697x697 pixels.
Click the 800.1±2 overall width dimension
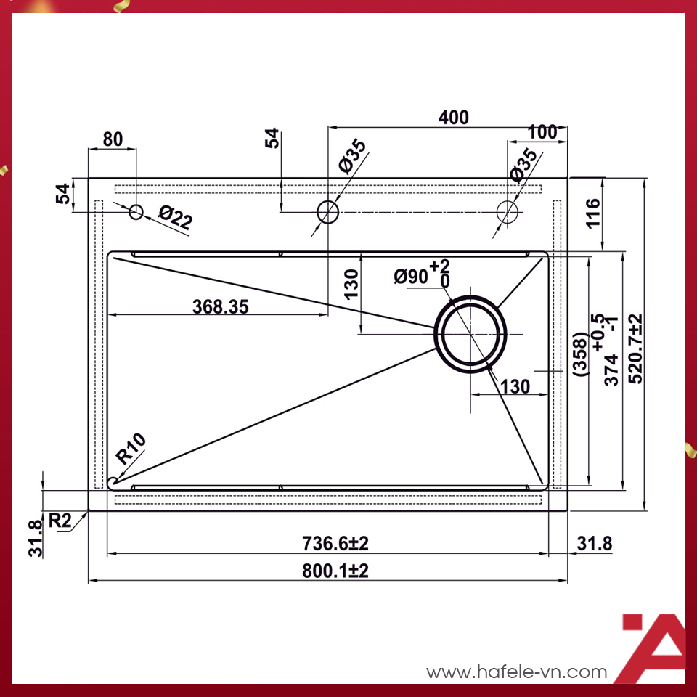point(335,571)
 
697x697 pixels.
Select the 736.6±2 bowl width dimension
point(335,543)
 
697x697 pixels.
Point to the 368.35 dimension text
point(220,307)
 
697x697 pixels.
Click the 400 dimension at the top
point(454,117)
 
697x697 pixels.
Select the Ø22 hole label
point(175,218)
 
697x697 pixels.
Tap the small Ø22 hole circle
point(136,212)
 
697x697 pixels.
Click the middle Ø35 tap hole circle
point(327,212)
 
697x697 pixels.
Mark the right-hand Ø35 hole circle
point(508,211)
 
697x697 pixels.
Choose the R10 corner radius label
point(131,449)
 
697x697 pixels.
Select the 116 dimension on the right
point(592,213)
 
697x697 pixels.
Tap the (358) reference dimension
point(579,354)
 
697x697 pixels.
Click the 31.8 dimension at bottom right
point(594,543)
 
